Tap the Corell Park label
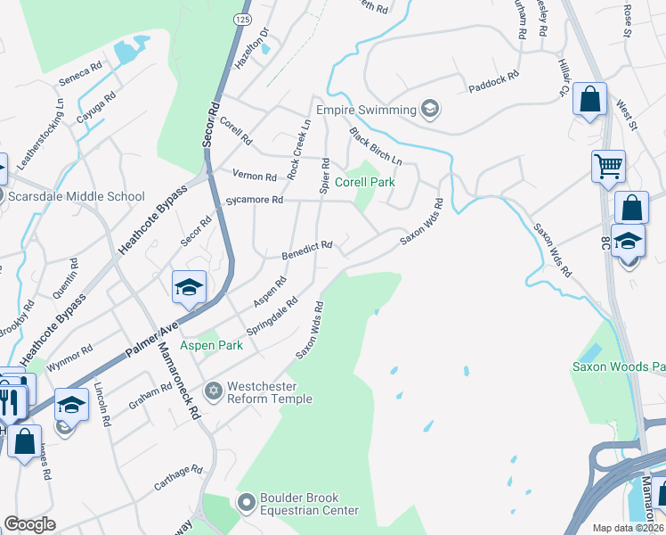coord(364,181)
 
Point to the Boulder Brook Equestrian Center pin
coord(248,503)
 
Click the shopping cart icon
coord(608,166)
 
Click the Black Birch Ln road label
coord(376,145)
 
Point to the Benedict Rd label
coord(308,245)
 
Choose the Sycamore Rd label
coord(253,201)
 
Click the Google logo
coord(30,524)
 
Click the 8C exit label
coord(605,243)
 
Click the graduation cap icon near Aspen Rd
coord(189,287)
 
